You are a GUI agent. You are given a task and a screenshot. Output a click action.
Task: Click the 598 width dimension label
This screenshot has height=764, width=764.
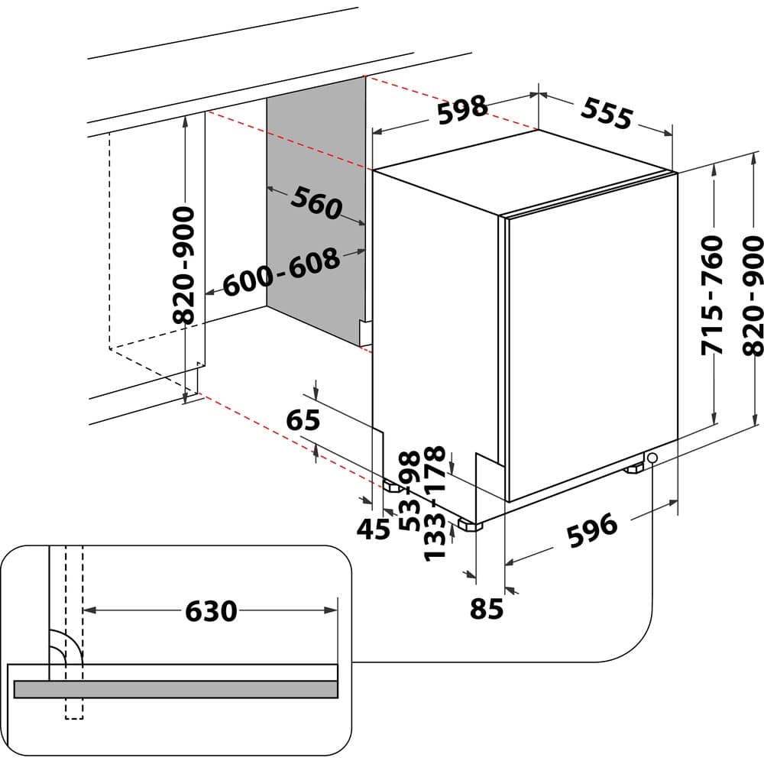coord(462,109)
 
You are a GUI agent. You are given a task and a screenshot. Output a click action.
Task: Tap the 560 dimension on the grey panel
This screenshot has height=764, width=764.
coord(316,204)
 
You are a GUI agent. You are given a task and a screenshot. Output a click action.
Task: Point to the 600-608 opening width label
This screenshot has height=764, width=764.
coord(281,273)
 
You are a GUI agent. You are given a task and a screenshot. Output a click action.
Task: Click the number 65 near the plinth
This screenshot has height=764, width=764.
coord(303,421)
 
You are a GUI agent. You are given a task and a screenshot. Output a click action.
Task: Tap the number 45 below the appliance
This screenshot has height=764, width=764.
coord(374,529)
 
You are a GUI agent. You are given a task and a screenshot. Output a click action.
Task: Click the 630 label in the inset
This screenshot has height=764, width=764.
coord(211,610)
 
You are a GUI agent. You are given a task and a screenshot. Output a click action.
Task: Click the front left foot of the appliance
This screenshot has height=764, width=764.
coord(468,525)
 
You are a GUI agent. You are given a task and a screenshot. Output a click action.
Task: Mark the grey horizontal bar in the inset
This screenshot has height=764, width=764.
coord(176,688)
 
